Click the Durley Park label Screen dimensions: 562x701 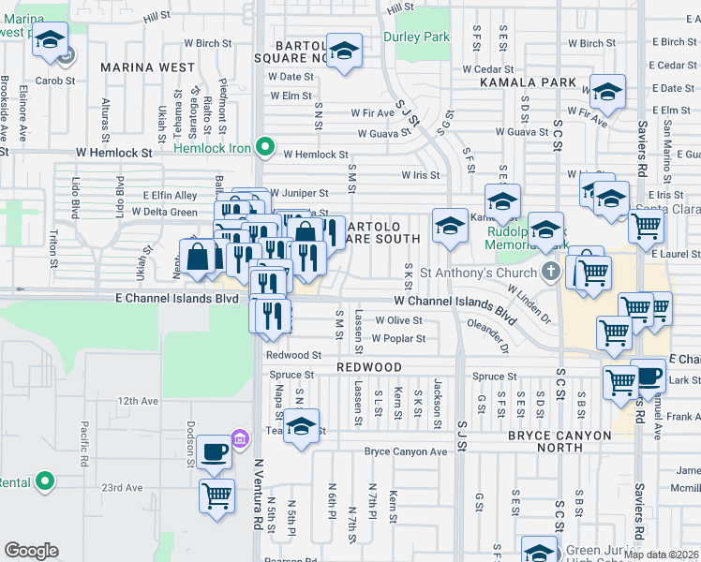[416, 37]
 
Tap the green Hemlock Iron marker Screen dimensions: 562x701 [265, 147]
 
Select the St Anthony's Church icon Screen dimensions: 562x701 [552, 273]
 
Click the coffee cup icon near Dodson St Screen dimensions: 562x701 [216, 451]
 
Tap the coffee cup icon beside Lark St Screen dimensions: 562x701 [647, 375]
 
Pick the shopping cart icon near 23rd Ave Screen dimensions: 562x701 [216, 494]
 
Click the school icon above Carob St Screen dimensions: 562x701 [51, 41]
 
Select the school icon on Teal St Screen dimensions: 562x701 [302, 426]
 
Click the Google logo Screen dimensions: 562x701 [31, 551]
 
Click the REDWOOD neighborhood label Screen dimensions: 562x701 [369, 367]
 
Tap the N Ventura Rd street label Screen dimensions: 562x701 [258, 494]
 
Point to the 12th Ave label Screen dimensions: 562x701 [138, 400]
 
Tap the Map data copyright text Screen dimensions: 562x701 [661, 555]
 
